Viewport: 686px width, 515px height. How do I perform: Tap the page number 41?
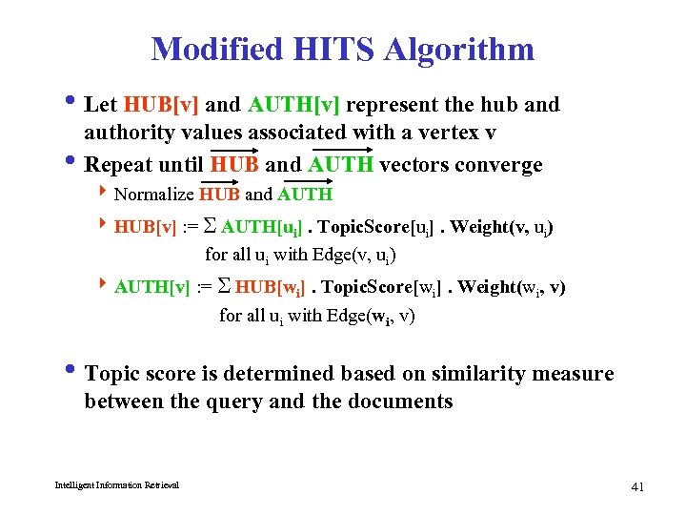[638, 487]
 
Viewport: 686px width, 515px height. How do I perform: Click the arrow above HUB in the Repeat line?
[238, 150]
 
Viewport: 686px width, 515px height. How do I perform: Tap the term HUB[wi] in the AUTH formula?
[272, 287]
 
